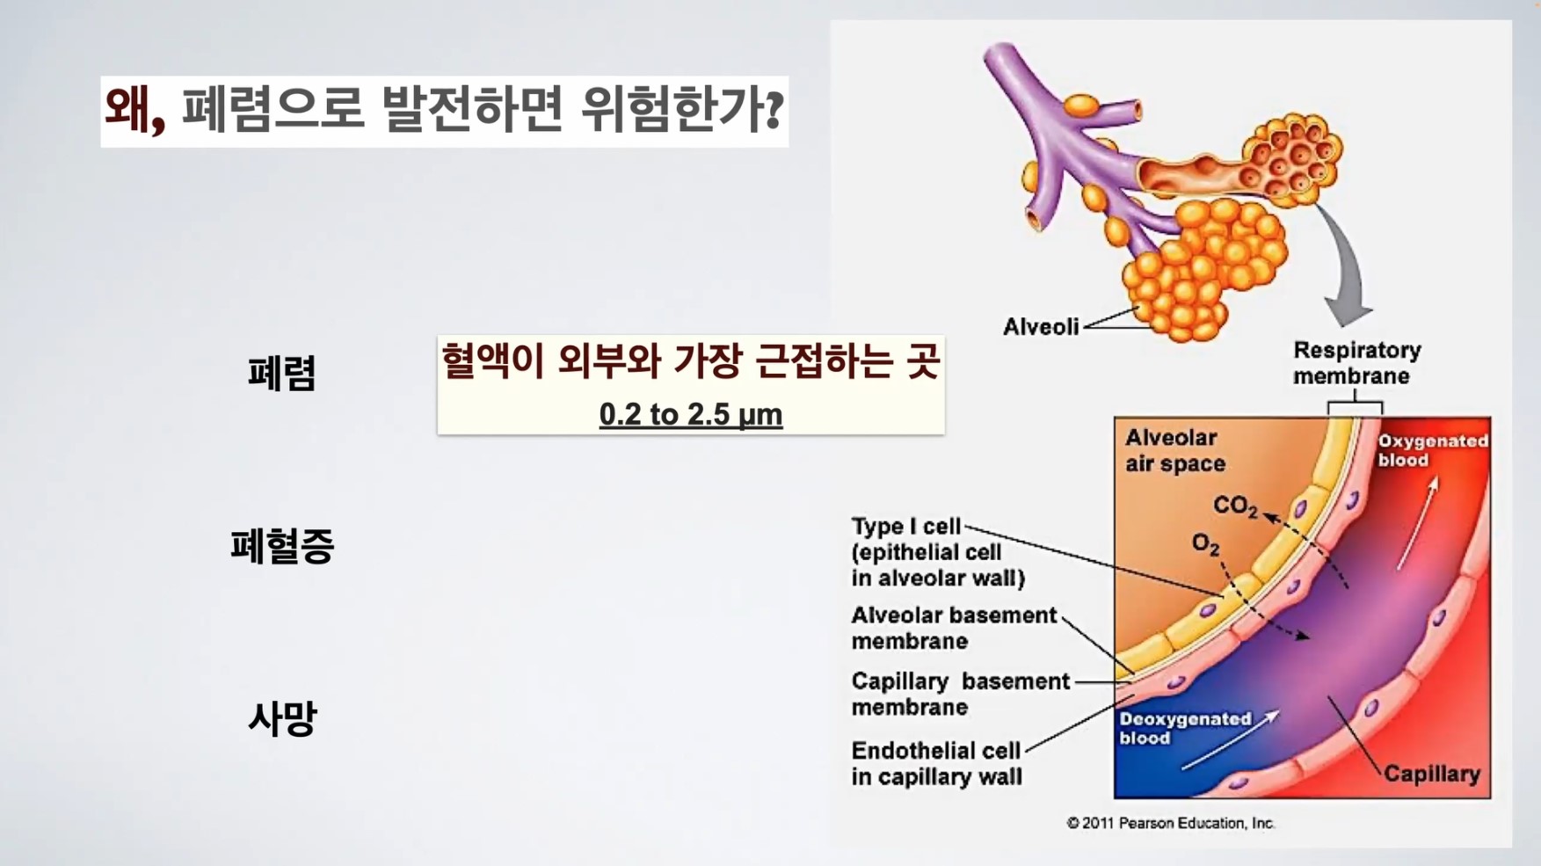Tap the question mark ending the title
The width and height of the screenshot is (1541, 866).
[774, 110]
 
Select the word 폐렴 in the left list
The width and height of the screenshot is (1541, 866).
[281, 374]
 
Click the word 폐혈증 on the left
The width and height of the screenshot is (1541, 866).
[282, 546]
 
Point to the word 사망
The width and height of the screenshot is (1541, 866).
[281, 719]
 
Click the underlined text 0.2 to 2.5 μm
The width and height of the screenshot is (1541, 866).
[691, 414]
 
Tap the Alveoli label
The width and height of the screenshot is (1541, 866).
[1041, 327]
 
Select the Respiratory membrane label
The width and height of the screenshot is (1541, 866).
[1356, 363]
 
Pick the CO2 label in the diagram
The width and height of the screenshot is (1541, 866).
[1235, 506]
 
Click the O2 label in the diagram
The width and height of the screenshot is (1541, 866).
[1205, 544]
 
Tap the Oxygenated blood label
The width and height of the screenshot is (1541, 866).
[1432, 450]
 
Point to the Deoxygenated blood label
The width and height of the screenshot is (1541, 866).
[1184, 728]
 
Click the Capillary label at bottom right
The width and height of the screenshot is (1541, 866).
[1432, 774]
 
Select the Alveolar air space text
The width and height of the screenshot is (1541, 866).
[1175, 450]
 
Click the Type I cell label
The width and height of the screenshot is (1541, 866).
[938, 552]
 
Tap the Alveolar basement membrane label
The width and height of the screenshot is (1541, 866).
[954, 628]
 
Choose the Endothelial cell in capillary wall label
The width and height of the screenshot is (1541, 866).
[936, 764]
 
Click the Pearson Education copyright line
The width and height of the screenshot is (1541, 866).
[1171, 823]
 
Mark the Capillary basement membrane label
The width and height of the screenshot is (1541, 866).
[960, 694]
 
